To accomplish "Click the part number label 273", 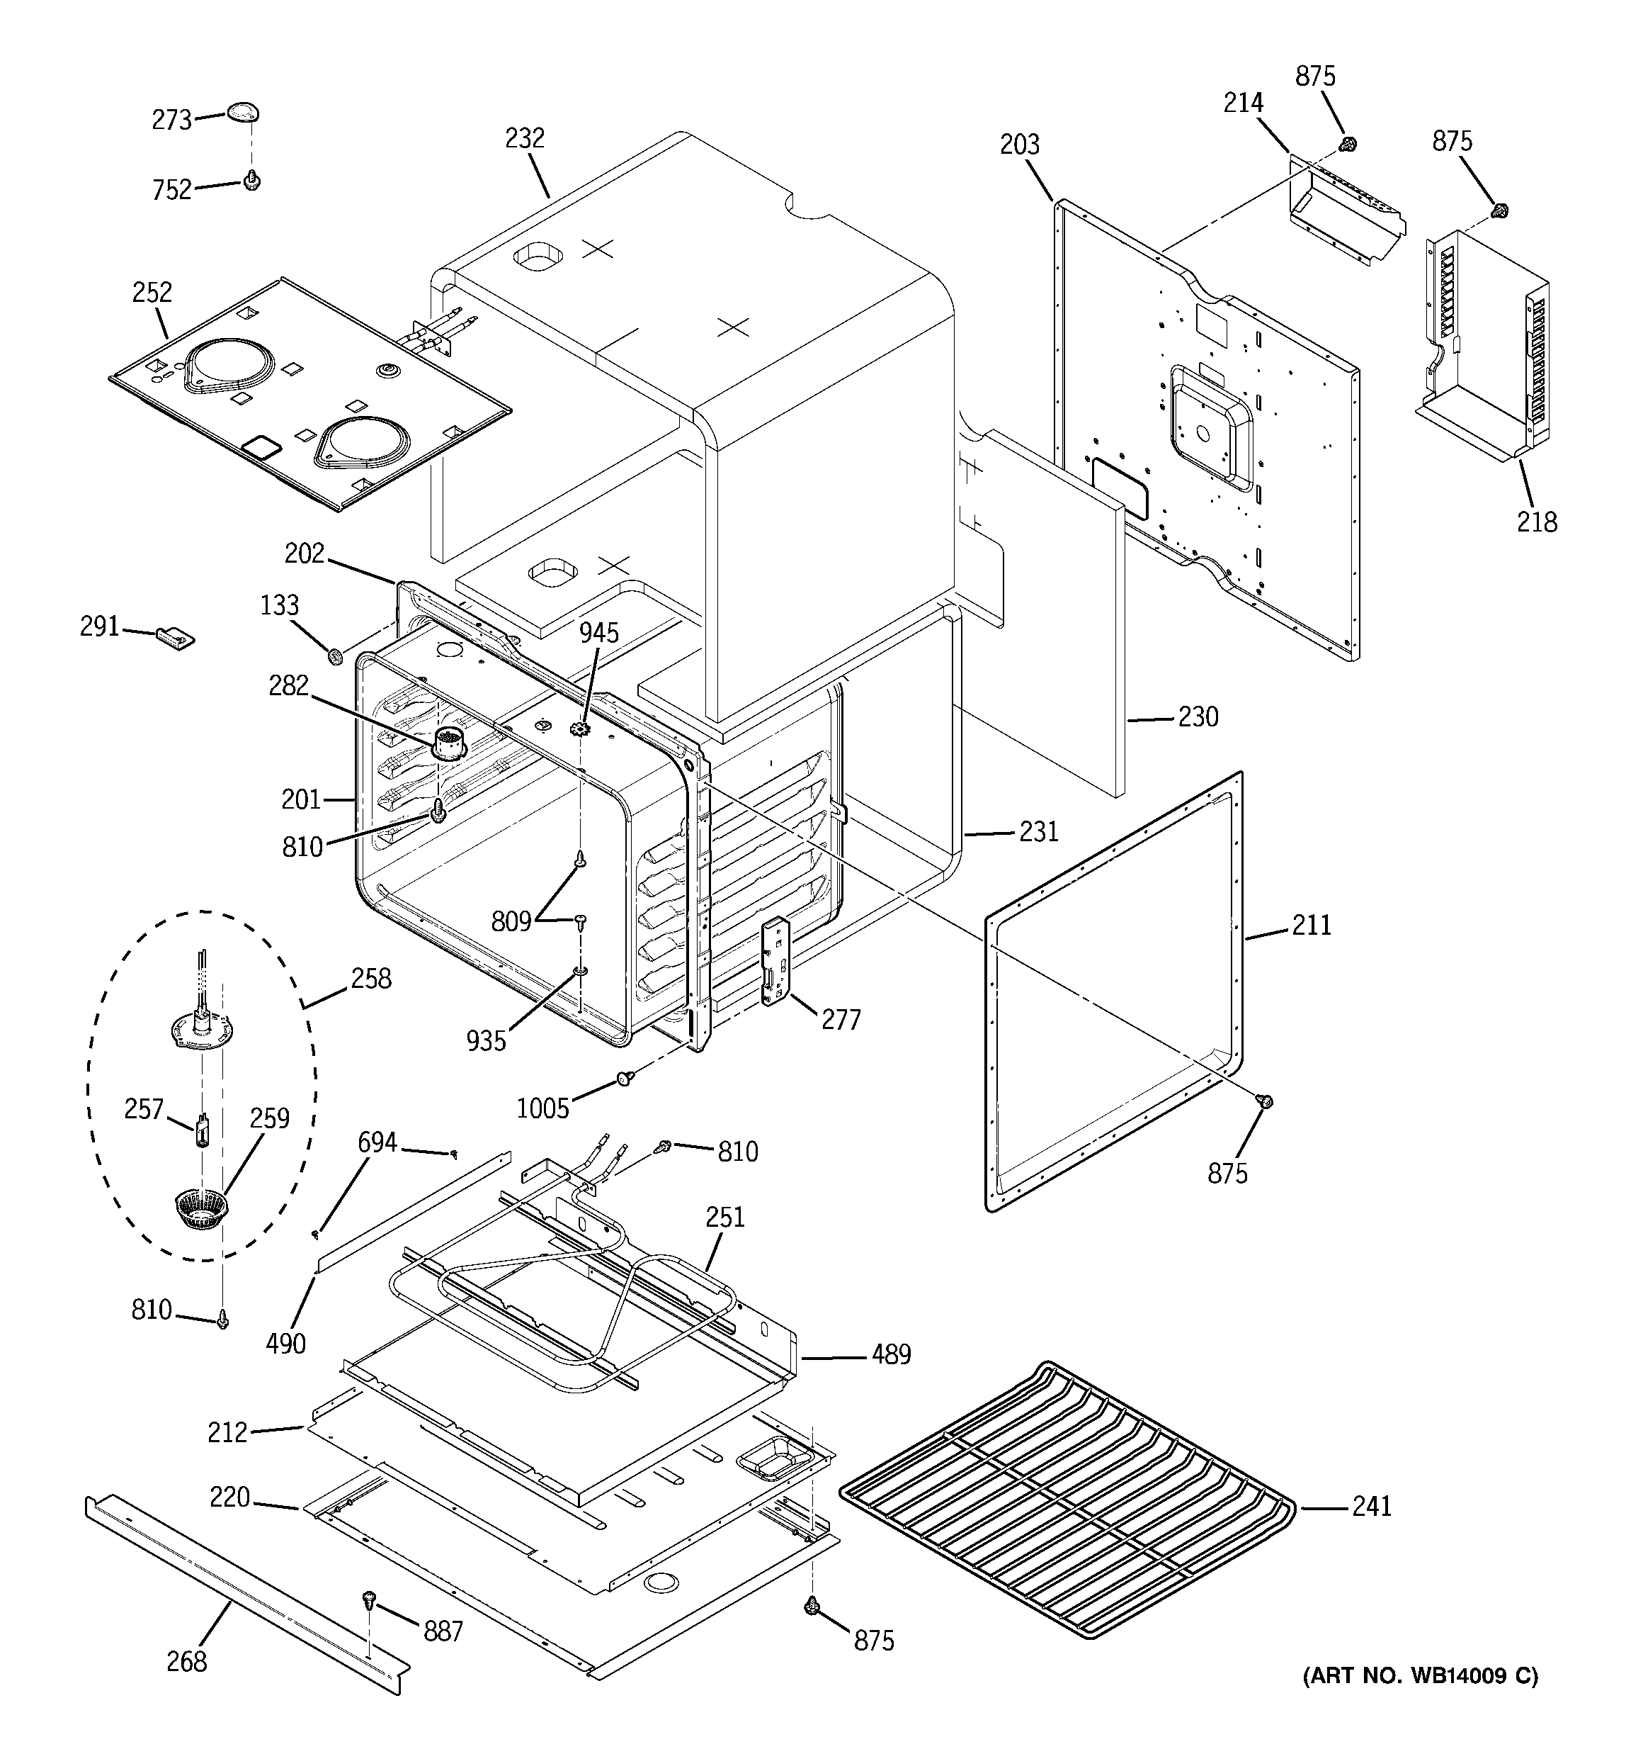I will click(172, 120).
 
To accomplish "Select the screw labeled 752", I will click(252, 181).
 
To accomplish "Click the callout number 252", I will click(152, 292).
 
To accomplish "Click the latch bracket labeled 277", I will click(775, 961).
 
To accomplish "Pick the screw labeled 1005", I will click(625, 1077).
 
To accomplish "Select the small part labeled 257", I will click(202, 1130).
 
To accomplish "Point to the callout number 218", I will click(1537, 522).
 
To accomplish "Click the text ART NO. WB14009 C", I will click(1420, 1700).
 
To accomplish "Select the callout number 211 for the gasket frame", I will click(1312, 925).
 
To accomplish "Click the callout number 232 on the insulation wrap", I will click(525, 138).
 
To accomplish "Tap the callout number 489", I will click(891, 1354).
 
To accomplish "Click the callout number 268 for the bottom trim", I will click(187, 1661).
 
